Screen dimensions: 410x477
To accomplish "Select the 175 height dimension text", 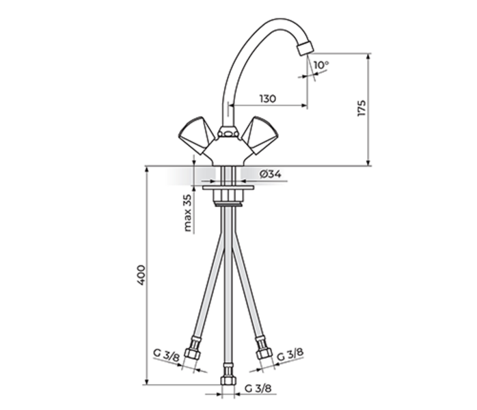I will pyautogui.click(x=362, y=108).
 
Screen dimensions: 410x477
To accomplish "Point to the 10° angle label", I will pyautogui.click(x=321, y=66).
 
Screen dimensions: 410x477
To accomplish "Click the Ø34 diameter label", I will pyautogui.click(x=271, y=174).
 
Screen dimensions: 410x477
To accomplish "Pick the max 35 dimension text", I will pyautogui.click(x=188, y=213).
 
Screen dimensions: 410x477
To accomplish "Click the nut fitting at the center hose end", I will pyautogui.click(x=228, y=378).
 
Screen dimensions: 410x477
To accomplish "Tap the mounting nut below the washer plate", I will pyautogui.click(x=227, y=198).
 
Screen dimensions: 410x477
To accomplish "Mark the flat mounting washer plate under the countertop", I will pyautogui.click(x=227, y=186).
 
